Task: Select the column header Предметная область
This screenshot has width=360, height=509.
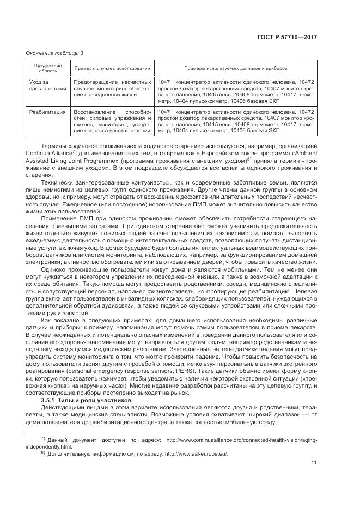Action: click(48, 69)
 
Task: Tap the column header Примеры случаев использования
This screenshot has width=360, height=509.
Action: click(112, 69)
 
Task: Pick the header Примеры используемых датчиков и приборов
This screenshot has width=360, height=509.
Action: click(235, 69)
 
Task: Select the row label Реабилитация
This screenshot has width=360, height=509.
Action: click(46, 112)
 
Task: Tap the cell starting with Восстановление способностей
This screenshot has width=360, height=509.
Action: click(112, 121)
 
